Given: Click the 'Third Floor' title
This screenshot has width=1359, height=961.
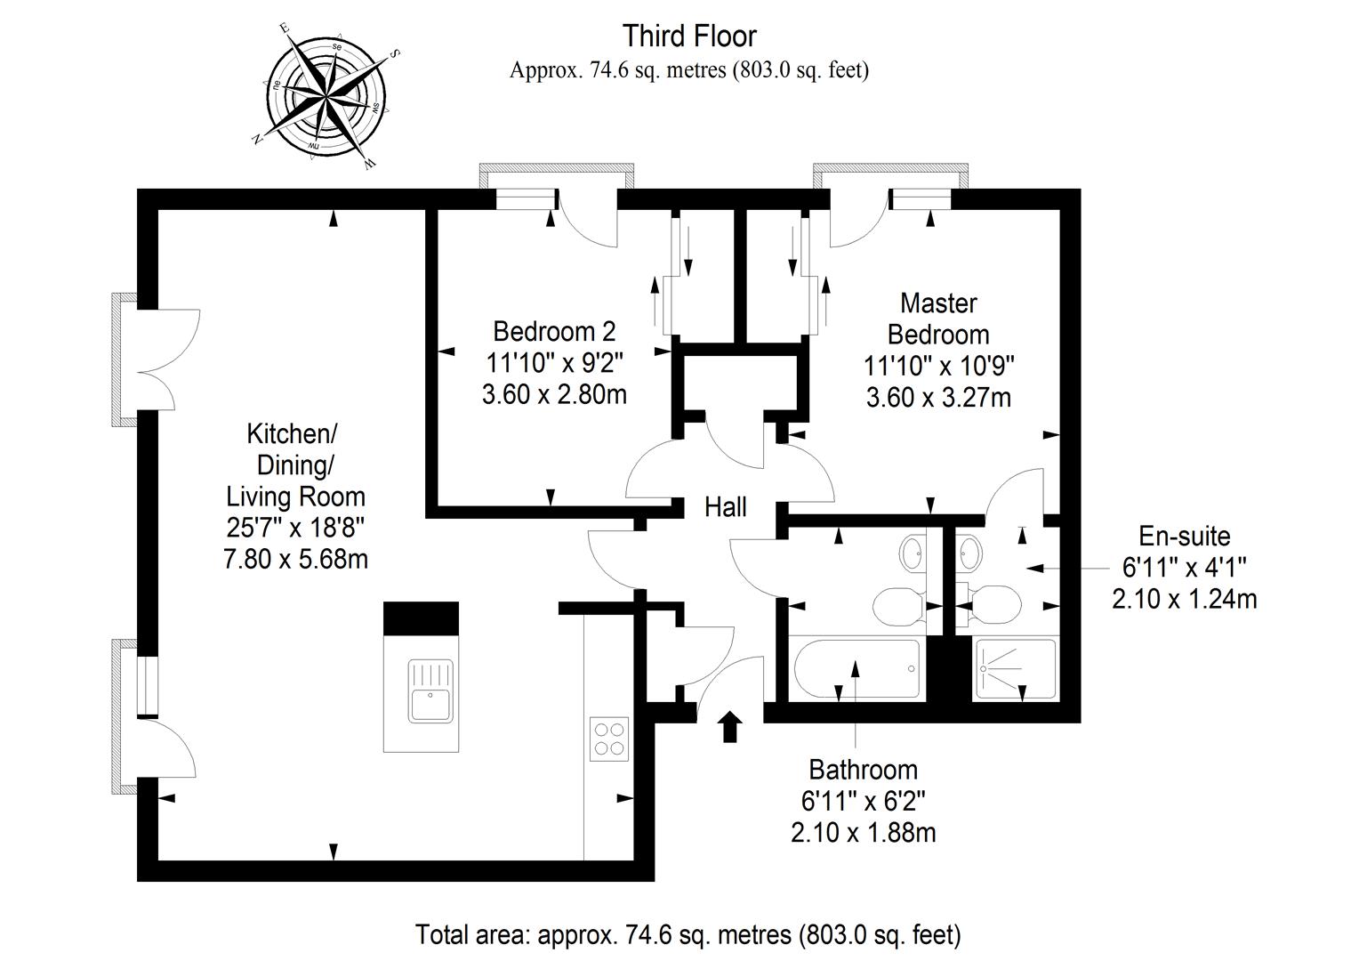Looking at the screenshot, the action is tap(690, 36).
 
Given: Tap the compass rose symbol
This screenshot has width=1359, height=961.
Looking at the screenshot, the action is tap(326, 97).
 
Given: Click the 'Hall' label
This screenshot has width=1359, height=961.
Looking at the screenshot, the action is tap(725, 507).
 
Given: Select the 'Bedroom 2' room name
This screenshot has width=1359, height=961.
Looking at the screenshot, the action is tap(554, 332).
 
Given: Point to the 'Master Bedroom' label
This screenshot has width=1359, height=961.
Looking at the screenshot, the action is tap(938, 319).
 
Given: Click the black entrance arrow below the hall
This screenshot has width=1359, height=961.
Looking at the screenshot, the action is tap(730, 727).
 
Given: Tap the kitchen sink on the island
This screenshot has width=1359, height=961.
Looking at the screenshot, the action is tap(430, 691).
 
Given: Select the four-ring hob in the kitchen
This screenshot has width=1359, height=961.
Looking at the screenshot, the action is tap(609, 739).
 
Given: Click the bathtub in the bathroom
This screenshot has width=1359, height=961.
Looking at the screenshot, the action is tap(856, 668).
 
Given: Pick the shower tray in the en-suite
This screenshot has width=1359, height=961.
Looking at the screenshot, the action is tap(1015, 668).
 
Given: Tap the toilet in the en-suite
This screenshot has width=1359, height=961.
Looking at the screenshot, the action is tap(990, 605).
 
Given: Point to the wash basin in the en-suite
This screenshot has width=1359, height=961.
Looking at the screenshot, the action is tap(969, 553).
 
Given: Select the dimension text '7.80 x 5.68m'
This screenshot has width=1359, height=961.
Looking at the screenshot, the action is tap(296, 559).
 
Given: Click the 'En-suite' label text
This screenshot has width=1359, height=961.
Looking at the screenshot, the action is tap(1185, 536).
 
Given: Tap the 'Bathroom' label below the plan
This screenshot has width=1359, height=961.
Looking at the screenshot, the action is tap(864, 770).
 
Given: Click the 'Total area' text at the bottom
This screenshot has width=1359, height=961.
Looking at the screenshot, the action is tap(688, 934).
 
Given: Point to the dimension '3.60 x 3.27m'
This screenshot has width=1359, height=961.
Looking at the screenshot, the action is tap(938, 398).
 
